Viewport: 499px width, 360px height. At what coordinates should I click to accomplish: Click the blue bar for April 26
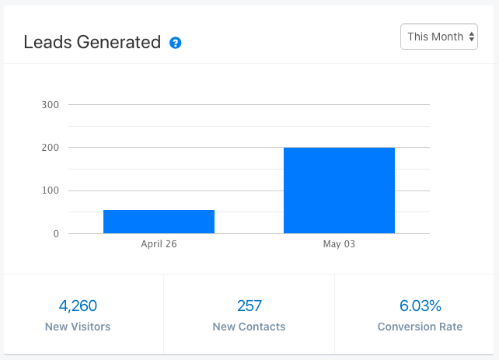point(159,222)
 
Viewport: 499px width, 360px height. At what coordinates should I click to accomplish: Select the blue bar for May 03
point(339,190)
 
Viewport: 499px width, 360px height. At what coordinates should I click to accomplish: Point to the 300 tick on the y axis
point(50,104)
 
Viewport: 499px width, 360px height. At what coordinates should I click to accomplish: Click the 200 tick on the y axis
point(50,148)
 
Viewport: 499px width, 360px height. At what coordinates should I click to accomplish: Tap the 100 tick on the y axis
point(50,190)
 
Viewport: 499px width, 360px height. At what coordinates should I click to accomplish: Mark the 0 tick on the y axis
point(55,234)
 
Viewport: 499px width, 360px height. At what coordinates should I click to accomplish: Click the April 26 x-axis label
point(159,244)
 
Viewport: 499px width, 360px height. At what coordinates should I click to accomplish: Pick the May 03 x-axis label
point(339,244)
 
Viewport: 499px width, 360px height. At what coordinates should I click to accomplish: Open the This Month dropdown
point(438,37)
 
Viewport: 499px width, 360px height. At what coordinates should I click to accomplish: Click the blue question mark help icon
point(176,43)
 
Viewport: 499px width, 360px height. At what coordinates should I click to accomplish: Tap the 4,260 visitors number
point(78,306)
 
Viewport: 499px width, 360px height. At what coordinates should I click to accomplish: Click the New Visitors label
point(78,327)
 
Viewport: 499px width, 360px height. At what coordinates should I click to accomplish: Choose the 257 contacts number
point(249,306)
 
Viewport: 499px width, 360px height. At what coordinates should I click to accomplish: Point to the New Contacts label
point(249,327)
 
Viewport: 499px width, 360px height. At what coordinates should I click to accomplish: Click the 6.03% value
point(420,306)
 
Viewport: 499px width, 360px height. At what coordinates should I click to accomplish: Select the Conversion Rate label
point(420,327)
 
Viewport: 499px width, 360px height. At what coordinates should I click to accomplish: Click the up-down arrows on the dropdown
point(471,37)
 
